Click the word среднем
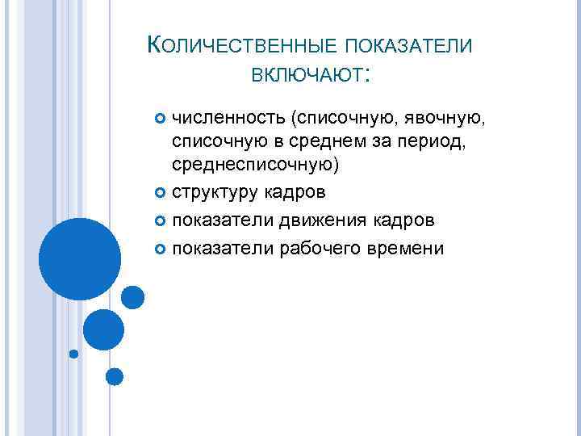click(x=314, y=143)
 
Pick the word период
click(x=416, y=143)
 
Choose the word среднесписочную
click(x=255, y=166)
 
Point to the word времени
click(x=408, y=248)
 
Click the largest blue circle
click(x=80, y=258)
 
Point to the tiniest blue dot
click(x=73, y=354)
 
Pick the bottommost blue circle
click(x=115, y=375)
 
